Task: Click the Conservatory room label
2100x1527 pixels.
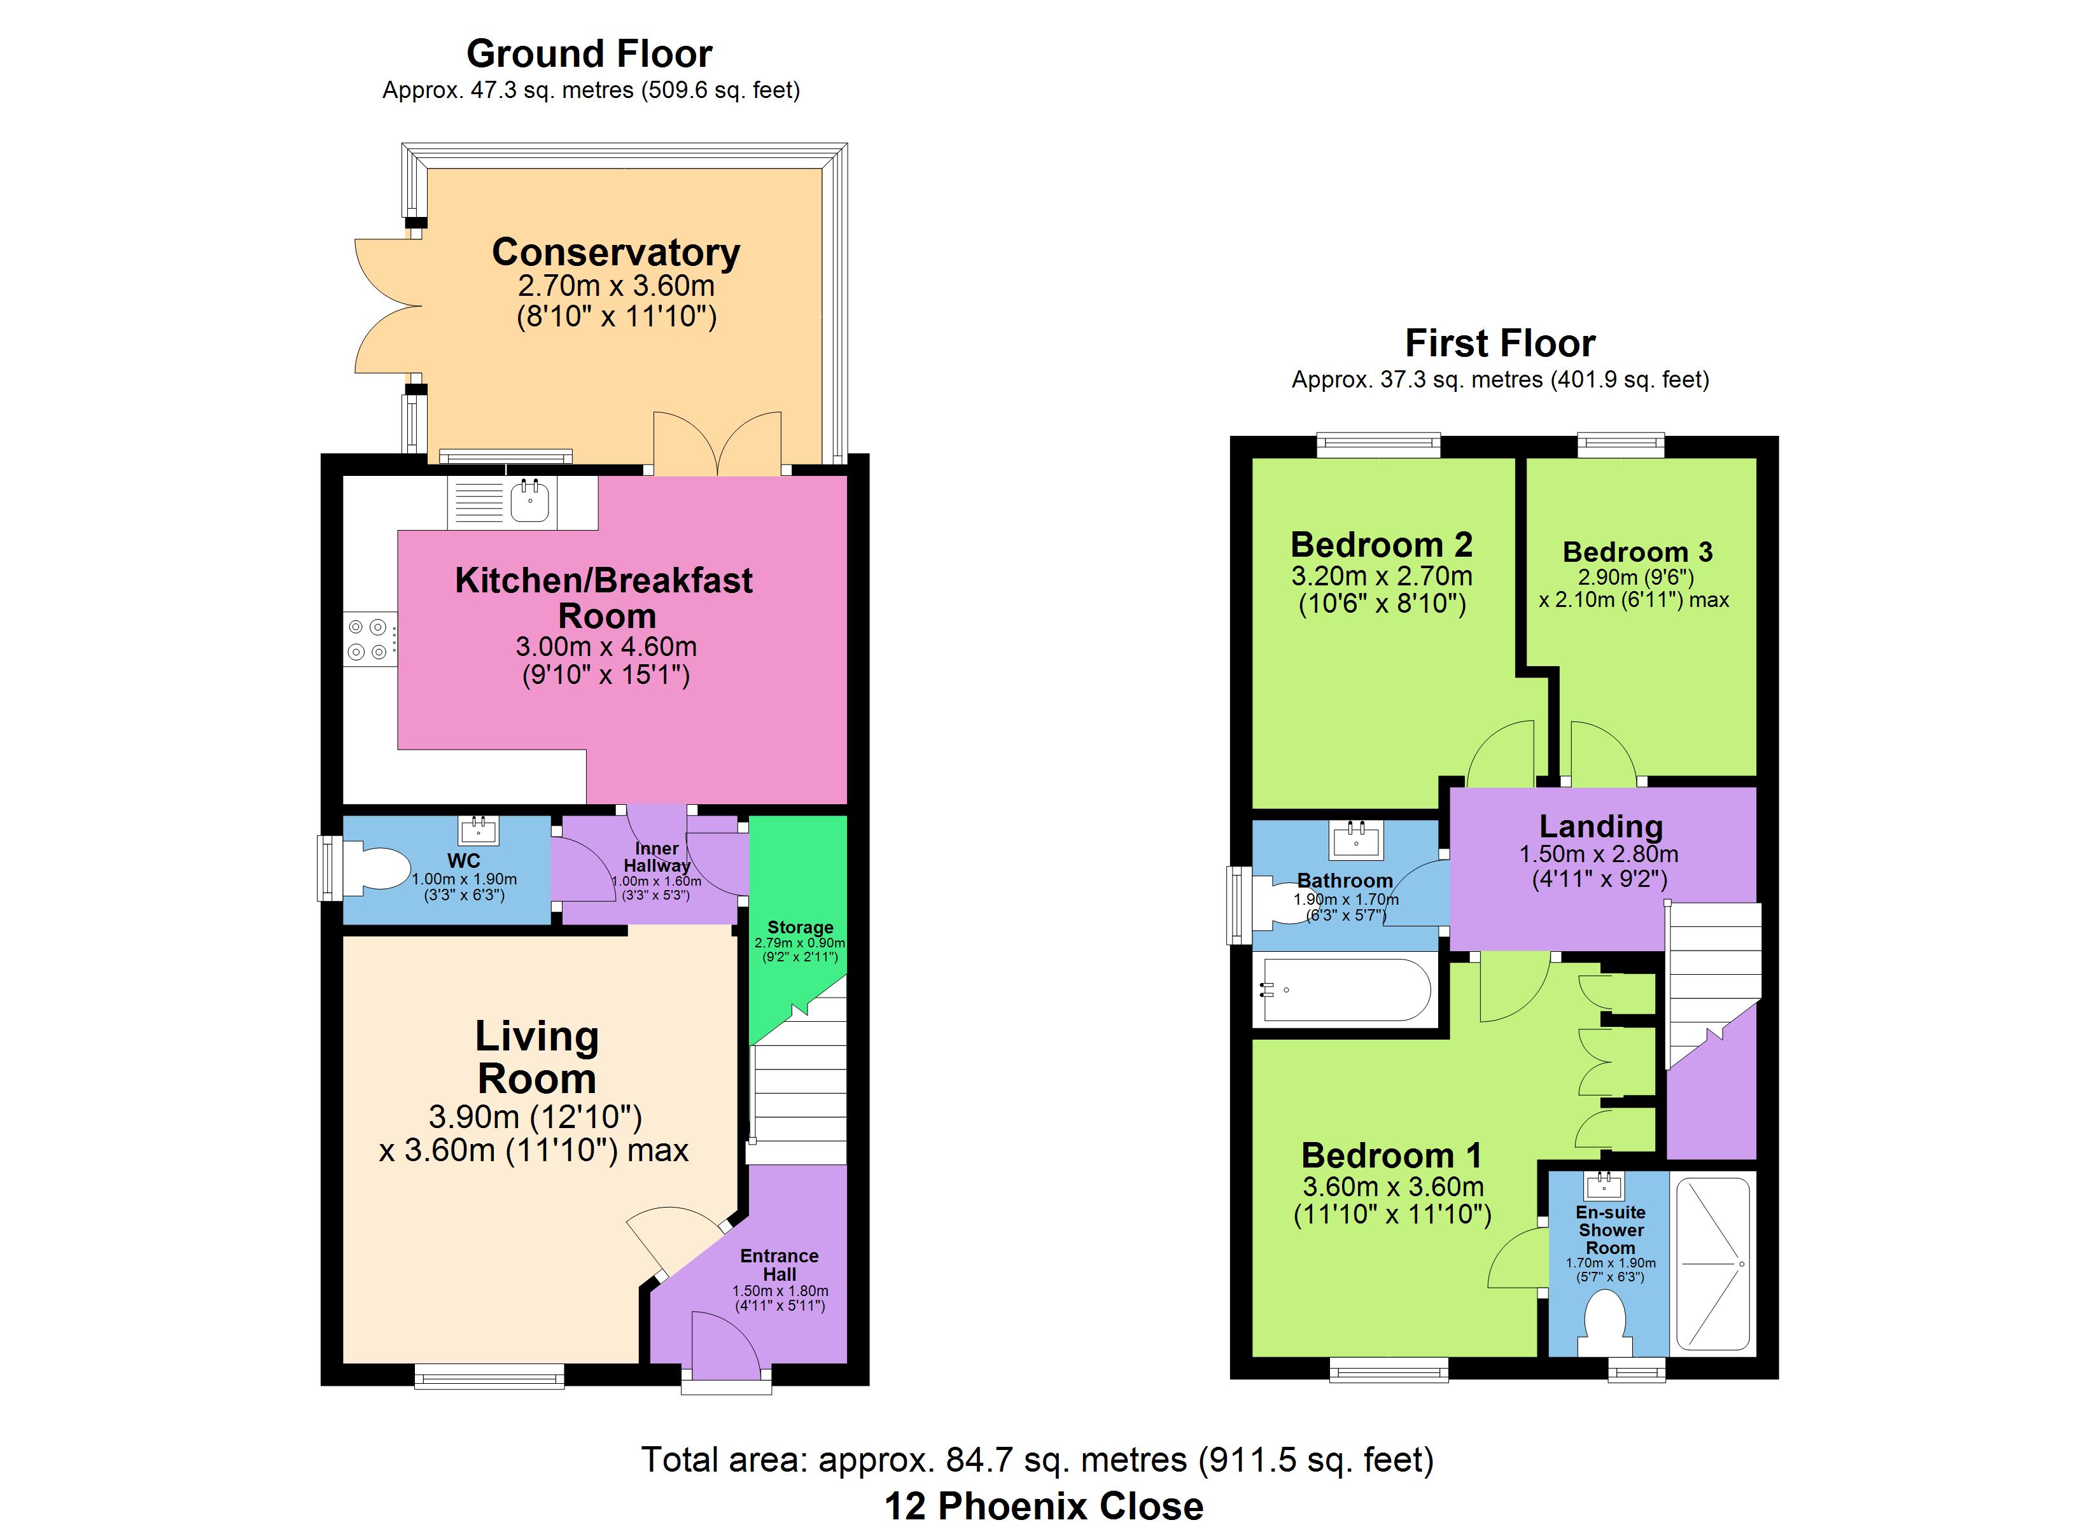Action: (x=616, y=252)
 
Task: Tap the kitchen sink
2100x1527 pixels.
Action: (x=529, y=501)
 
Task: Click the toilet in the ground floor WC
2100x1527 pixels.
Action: (x=375, y=868)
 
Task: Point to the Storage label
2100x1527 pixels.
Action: (x=800, y=927)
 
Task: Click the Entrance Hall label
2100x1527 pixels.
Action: (x=780, y=1265)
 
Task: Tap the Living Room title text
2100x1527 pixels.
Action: (x=537, y=1057)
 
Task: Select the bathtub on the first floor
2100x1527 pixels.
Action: (x=1347, y=990)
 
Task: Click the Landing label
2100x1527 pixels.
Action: (x=1601, y=825)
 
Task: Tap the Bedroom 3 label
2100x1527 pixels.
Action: (x=1638, y=552)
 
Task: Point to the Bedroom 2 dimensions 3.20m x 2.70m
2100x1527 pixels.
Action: (x=1382, y=576)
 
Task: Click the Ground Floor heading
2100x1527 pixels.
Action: (x=590, y=53)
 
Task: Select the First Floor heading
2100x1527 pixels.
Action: (x=1500, y=344)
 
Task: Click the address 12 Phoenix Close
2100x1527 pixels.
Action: (x=1044, y=1506)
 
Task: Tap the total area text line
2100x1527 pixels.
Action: (x=1037, y=1460)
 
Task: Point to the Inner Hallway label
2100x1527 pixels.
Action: (x=657, y=856)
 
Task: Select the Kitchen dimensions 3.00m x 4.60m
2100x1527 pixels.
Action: (x=606, y=646)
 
